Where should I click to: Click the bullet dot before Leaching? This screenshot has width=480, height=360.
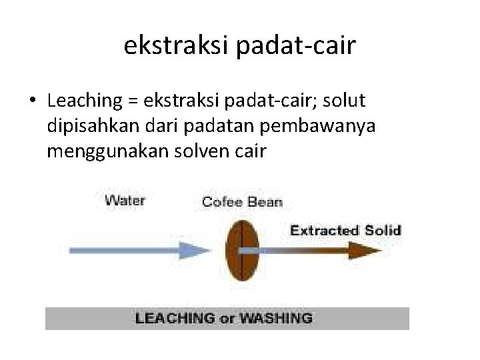point(32,101)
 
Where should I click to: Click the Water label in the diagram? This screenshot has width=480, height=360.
point(125,199)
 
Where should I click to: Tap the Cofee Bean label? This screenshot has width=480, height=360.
point(242,201)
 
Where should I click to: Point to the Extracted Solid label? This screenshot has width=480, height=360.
point(345,231)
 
